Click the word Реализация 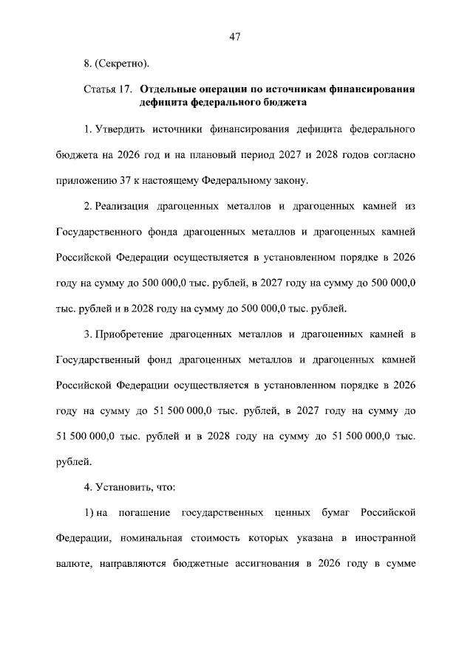123,206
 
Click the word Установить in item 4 124,488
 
